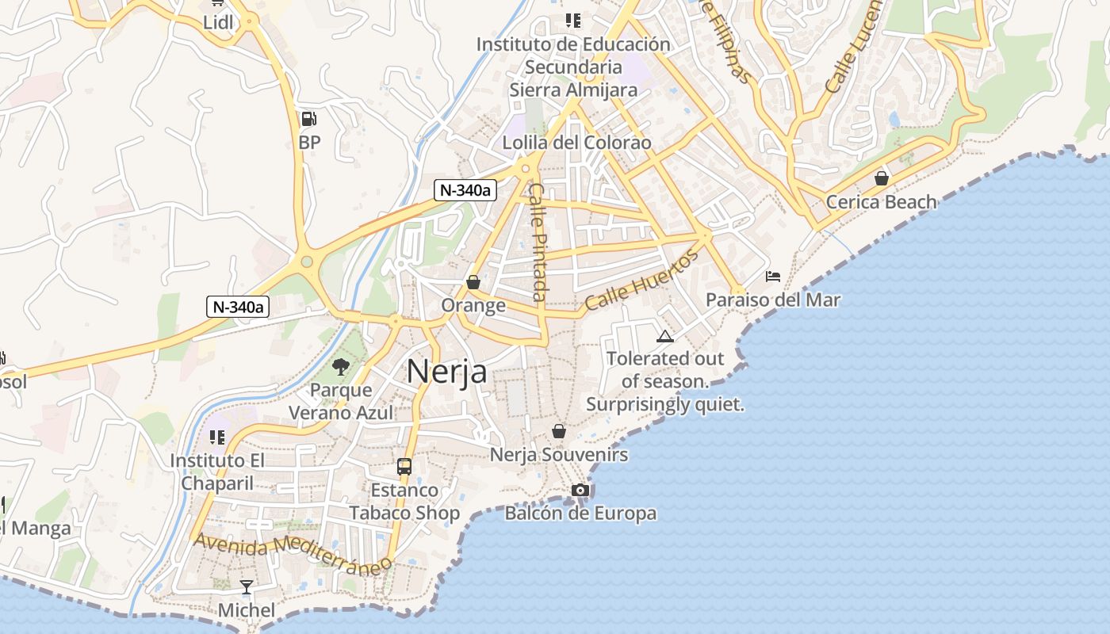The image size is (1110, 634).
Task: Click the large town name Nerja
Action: click(x=446, y=371)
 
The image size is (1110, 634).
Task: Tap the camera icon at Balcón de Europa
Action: click(x=580, y=490)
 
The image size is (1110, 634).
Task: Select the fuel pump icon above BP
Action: click(x=308, y=120)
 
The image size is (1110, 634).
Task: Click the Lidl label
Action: click(x=218, y=22)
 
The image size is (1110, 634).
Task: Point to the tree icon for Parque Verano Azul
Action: click(x=341, y=366)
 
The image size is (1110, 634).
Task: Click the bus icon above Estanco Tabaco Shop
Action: click(x=404, y=466)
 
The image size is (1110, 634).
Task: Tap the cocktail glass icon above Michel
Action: click(x=247, y=587)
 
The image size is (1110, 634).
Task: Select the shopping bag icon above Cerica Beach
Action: click(x=881, y=178)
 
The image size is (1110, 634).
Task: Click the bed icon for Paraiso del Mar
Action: click(x=773, y=277)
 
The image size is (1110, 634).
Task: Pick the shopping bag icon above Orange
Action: click(x=473, y=282)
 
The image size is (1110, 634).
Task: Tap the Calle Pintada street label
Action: click(x=538, y=242)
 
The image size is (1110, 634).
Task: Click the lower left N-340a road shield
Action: click(x=238, y=307)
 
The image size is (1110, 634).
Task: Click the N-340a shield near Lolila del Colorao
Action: click(x=465, y=190)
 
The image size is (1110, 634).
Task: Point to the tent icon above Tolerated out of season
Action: click(x=664, y=336)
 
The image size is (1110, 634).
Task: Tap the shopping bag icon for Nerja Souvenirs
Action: click(x=559, y=431)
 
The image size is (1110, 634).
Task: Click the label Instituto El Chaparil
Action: click(x=217, y=472)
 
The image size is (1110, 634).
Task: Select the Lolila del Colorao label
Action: click(x=576, y=143)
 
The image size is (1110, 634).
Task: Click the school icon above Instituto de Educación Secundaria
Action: click(x=572, y=21)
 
